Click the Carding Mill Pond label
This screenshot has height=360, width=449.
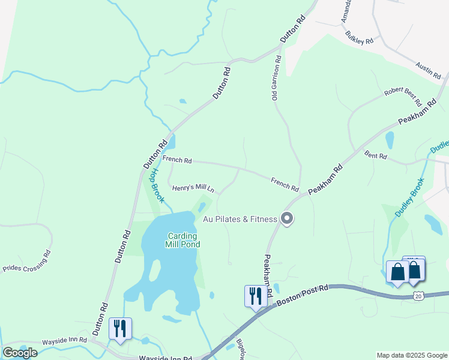pyautogui.click(x=183, y=240)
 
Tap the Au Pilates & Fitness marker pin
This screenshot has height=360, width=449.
pyautogui.click(x=287, y=219)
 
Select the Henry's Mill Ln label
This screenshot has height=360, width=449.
pyautogui.click(x=193, y=188)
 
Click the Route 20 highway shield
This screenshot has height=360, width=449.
pyautogui.click(x=419, y=295)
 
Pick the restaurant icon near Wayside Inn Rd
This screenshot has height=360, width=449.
pyautogui.click(x=120, y=328)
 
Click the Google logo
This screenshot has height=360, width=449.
pyautogui.click(x=20, y=353)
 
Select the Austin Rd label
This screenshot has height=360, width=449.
pyautogui.click(x=429, y=70)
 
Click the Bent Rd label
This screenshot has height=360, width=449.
pyautogui.click(x=376, y=155)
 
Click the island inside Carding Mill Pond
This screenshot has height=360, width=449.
pyautogui.click(x=154, y=271)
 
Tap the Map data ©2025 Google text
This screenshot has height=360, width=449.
pyautogui.click(x=411, y=355)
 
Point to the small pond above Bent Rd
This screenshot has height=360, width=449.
pyautogui.click(x=390, y=140)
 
